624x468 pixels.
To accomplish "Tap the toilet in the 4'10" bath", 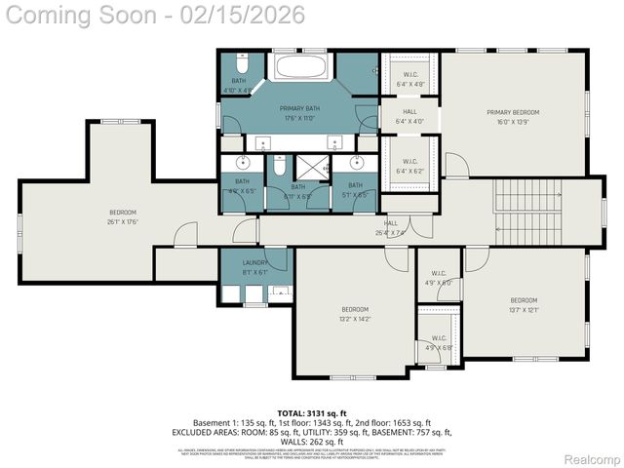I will pos(243,62).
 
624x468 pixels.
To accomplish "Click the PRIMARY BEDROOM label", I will pos(513,112).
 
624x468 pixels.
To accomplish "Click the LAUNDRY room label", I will pos(255,262).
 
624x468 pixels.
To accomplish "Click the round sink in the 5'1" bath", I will pos(356,163).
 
